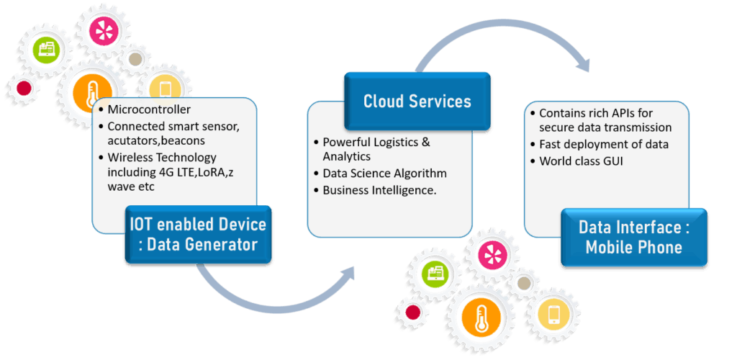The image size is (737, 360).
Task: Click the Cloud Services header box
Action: [417, 101]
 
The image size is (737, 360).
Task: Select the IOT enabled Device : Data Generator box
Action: [198, 234]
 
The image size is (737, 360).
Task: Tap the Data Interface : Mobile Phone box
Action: [633, 238]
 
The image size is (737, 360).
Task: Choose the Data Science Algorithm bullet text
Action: [384, 174]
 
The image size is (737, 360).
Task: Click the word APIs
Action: [623, 113]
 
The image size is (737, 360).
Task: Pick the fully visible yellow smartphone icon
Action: [553, 314]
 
